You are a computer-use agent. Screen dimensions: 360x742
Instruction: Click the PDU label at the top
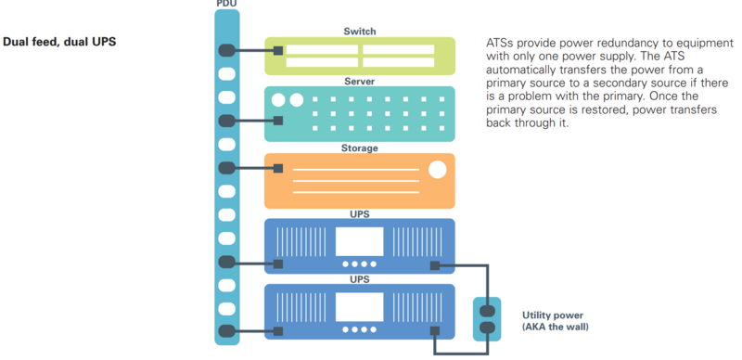click(225, 5)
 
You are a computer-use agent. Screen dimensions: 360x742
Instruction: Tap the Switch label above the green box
click(360, 32)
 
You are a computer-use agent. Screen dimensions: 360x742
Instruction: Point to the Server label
click(360, 82)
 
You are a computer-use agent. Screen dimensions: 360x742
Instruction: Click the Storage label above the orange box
click(360, 148)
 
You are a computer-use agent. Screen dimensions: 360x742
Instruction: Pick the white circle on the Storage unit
click(437, 169)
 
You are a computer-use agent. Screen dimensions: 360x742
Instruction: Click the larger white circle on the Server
click(277, 99)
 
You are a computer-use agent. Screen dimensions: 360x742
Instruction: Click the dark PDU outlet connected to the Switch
click(226, 50)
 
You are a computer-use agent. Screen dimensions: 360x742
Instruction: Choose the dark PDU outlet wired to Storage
click(226, 168)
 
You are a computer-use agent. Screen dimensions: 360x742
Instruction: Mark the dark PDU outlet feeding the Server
click(226, 121)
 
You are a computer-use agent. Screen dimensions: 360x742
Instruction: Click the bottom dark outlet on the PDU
click(226, 330)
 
